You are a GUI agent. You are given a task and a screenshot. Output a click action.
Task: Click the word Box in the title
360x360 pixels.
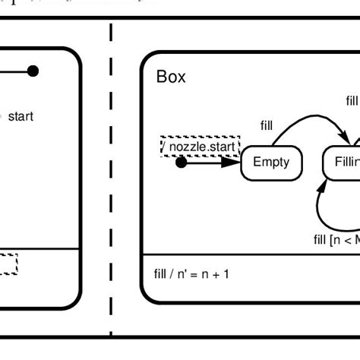171,77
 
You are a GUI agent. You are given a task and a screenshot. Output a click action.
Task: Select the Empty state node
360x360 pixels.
271,162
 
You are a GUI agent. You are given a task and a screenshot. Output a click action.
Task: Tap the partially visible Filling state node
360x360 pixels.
342,163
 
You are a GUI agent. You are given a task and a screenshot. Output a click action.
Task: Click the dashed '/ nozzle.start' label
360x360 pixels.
200,146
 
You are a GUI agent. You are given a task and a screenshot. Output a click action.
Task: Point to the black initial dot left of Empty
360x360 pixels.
181,163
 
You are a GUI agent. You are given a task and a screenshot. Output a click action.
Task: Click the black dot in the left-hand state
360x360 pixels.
33,71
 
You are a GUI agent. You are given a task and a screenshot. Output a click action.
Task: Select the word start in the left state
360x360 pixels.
21,116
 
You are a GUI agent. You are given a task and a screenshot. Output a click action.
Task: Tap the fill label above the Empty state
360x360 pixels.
267,125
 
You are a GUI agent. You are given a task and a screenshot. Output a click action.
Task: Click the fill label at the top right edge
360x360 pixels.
352,101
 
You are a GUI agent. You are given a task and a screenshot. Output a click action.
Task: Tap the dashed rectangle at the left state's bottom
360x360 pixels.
8,264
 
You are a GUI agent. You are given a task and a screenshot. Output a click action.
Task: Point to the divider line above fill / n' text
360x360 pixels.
251,254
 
